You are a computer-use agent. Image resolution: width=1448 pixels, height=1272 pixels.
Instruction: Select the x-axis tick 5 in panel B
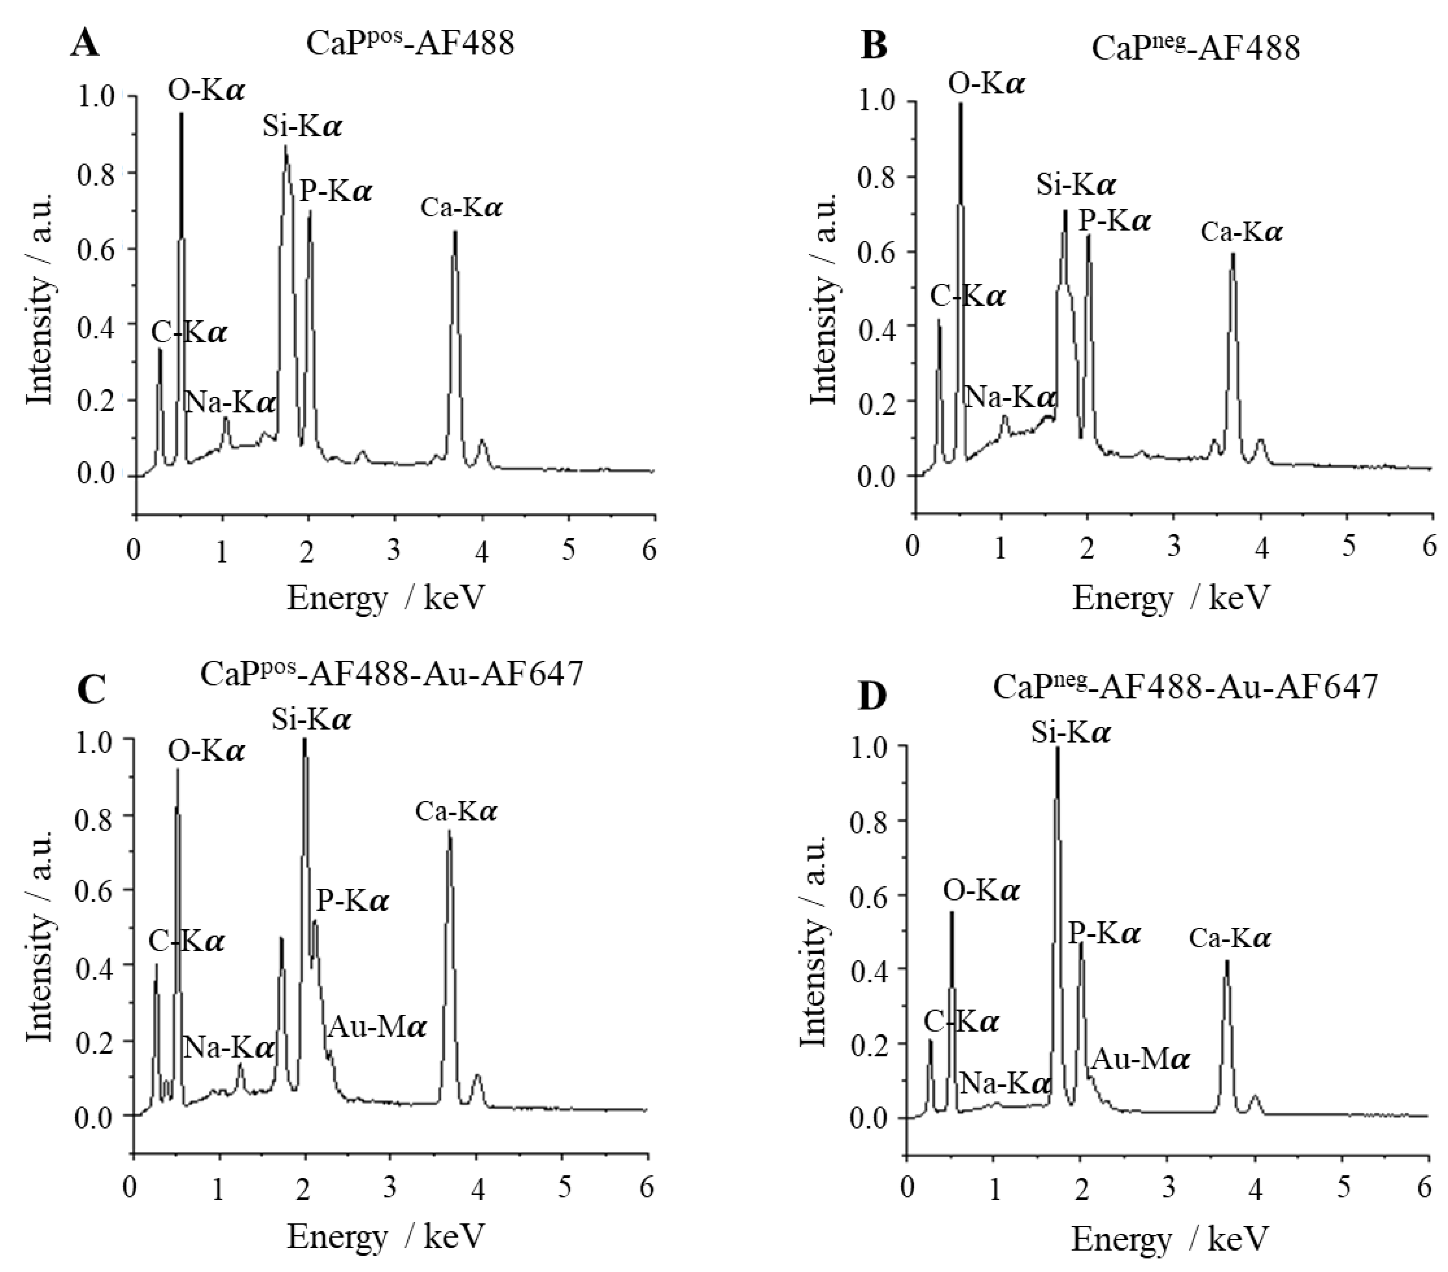point(1348,547)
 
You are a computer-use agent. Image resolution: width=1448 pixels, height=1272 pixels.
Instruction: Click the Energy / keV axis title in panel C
point(386,1236)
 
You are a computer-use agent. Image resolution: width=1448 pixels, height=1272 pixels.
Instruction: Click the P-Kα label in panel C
point(353,901)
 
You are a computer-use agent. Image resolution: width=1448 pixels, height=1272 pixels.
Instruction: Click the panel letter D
point(871,696)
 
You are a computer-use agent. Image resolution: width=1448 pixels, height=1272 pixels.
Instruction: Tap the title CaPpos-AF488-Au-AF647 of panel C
point(392,673)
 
